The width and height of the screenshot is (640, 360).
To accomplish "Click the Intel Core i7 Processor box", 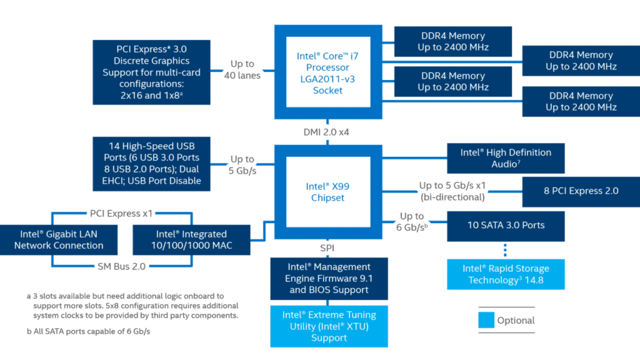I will (328, 72).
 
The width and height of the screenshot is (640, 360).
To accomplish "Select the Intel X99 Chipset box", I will (328, 192).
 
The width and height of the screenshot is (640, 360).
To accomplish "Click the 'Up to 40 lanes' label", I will (242, 69).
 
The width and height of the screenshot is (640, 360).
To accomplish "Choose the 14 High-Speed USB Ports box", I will (151, 164).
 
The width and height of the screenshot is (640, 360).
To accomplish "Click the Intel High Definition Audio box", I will (506, 158).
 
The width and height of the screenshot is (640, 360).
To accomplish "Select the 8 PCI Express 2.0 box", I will (581, 191).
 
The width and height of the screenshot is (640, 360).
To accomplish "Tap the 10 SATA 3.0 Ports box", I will (506, 226).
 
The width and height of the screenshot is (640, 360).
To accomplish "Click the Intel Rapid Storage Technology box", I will (506, 274).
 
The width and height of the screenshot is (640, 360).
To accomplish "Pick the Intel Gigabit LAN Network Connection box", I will (59, 239).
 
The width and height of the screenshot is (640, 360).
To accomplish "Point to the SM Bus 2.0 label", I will (121, 266).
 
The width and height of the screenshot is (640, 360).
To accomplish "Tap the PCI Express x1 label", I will (121, 213).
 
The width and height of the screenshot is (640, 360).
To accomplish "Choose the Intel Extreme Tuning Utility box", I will (329, 326).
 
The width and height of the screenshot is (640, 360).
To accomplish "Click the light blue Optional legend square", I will (486, 321).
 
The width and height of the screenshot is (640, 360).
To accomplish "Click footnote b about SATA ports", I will (88, 332).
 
